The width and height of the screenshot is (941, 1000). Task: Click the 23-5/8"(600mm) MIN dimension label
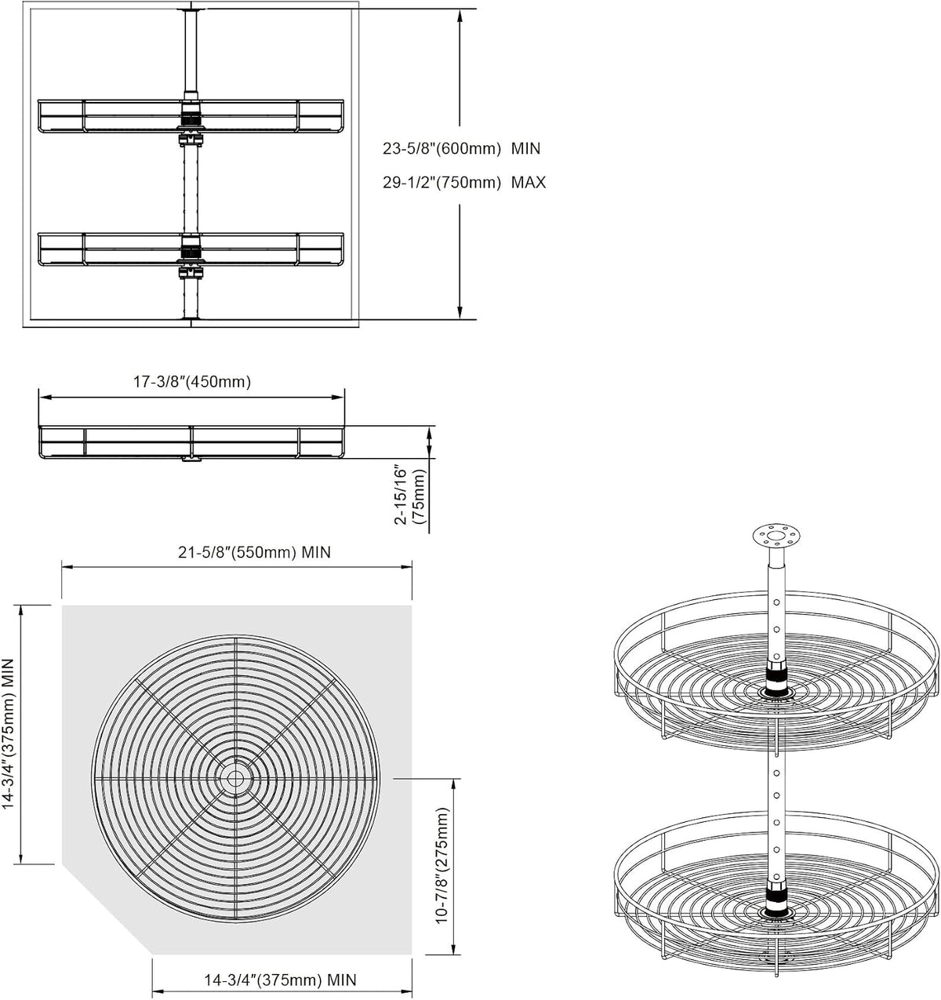coord(461,148)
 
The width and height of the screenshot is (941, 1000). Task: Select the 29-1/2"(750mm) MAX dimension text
coord(464,182)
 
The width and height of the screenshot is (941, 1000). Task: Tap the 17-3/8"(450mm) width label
coord(192,382)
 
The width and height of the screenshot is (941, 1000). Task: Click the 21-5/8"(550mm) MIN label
coord(254,552)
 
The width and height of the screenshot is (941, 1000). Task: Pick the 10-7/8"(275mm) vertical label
coord(441,865)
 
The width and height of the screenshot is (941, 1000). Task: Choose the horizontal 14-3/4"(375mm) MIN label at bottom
coord(280,980)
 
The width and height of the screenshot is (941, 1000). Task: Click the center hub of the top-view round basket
coord(234,778)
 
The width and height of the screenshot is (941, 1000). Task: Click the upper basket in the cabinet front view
coord(191,116)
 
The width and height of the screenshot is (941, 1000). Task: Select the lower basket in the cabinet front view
coord(191,249)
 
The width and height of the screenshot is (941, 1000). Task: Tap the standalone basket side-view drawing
coord(191,442)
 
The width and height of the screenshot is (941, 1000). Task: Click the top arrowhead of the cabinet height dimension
coord(460,15)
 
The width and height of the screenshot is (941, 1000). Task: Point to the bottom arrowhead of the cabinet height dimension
coord(460,312)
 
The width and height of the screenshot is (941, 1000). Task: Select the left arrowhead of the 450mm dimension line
coord(45,398)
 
